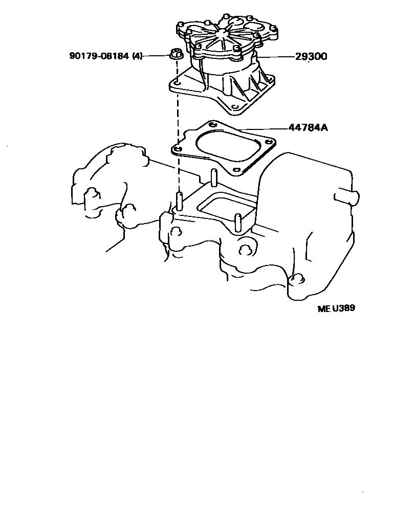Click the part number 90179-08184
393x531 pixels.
pyautogui.click(x=99, y=56)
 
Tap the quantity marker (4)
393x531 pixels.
pyautogui.click(x=137, y=56)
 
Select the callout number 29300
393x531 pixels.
pyautogui.click(x=311, y=56)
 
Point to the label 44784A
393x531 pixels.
pyautogui.click(x=308, y=127)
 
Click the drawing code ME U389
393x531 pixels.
pyautogui.click(x=336, y=308)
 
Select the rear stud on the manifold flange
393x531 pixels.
pyautogui.click(x=212, y=177)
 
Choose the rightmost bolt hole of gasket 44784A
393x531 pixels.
pyautogui.click(x=268, y=144)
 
